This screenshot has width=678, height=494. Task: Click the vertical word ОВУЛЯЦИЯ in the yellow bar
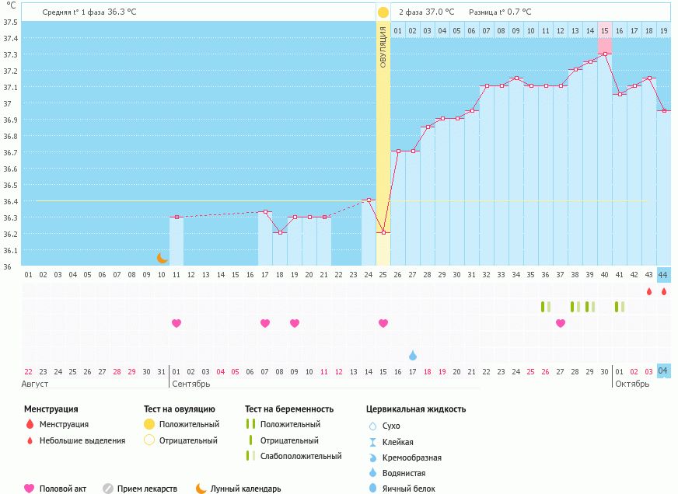(x=383, y=47)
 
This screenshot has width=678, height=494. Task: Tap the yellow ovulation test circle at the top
(x=383, y=12)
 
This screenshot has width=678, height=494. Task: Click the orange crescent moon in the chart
(x=162, y=258)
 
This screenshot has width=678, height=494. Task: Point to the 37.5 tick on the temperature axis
(x=10, y=22)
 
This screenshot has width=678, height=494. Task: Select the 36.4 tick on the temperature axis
(x=10, y=201)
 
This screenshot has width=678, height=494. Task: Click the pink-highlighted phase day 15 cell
(x=604, y=30)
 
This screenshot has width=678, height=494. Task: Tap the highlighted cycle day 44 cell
(x=663, y=274)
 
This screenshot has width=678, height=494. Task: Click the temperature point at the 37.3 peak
(x=604, y=54)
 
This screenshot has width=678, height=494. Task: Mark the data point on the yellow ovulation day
(x=383, y=232)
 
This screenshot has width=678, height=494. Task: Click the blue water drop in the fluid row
(x=412, y=355)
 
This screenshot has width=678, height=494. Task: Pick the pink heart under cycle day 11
(x=176, y=323)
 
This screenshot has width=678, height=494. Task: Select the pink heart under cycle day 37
(x=560, y=323)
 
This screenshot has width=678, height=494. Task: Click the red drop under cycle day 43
(x=648, y=291)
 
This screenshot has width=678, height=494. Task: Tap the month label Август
(x=36, y=384)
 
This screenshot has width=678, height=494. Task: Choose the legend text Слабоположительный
(x=301, y=456)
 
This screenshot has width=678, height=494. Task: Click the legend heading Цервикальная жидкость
(x=416, y=409)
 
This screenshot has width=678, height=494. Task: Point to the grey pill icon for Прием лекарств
(x=108, y=489)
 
